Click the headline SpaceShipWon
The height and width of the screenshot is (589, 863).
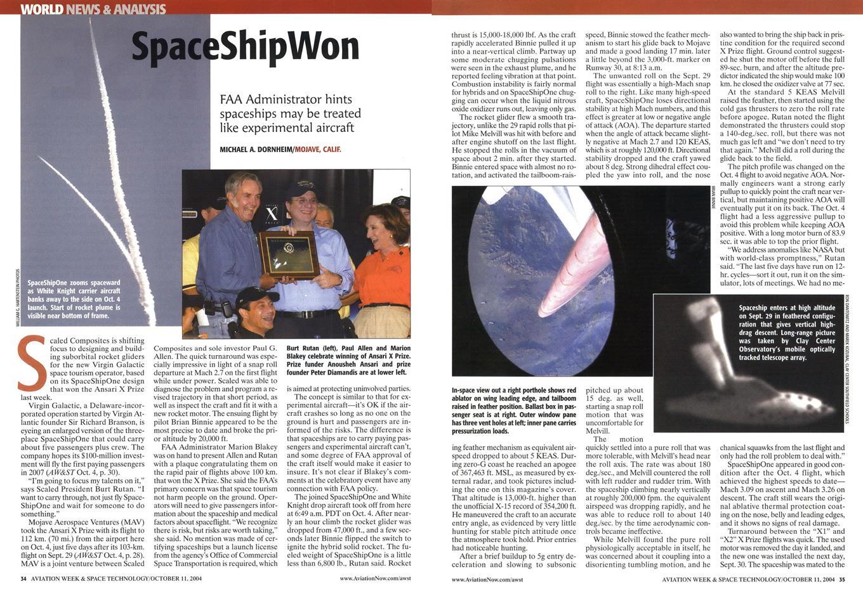(245, 48)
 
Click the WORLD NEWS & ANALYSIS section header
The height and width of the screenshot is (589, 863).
(93, 9)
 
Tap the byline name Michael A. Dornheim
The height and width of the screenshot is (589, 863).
(256, 150)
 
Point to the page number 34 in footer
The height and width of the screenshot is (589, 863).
(23, 578)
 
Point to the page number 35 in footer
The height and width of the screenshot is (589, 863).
(842, 578)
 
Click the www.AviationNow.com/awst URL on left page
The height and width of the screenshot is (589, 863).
(375, 578)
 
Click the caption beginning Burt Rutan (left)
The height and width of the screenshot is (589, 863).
(348, 360)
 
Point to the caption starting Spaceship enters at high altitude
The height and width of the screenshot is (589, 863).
(787, 333)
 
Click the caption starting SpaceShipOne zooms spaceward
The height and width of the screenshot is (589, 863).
(74, 299)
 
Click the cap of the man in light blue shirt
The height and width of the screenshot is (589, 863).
(300, 188)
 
